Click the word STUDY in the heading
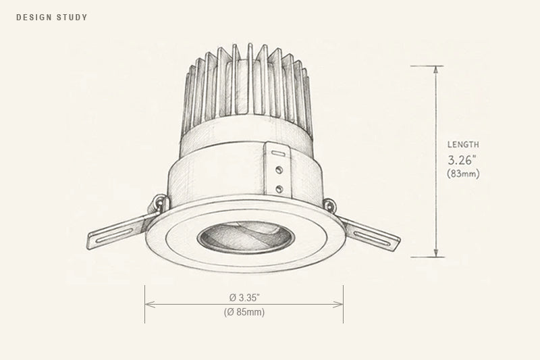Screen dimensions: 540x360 point(72,18)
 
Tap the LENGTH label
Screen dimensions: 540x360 point(463,145)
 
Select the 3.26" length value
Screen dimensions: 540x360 point(462,160)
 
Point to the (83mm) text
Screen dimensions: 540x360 point(463,174)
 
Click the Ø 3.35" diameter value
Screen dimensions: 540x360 point(244,297)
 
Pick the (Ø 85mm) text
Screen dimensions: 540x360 point(244,312)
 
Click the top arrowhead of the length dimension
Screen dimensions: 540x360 point(436,70)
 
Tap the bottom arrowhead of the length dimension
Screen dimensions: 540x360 point(436,253)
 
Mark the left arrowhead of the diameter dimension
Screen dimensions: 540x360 point(150,304)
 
